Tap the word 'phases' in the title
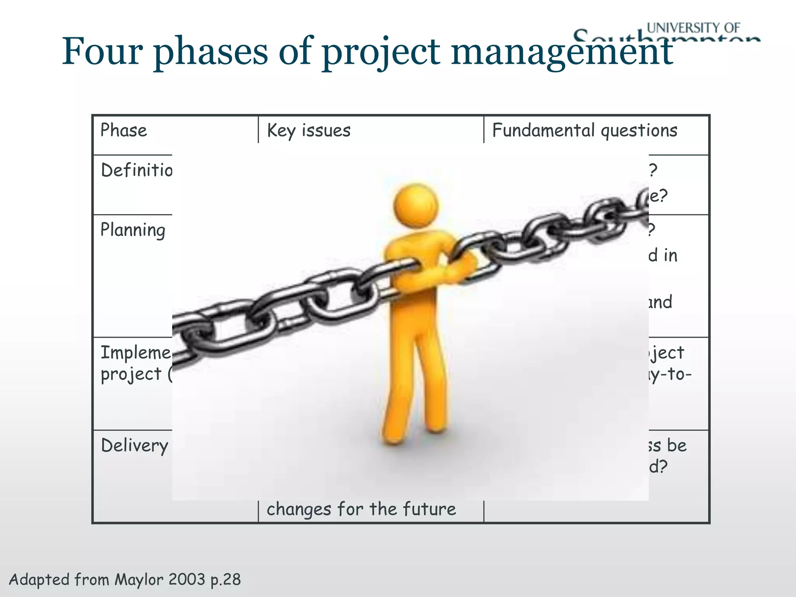click(210, 51)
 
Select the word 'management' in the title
click(562, 51)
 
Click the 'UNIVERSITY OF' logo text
click(693, 28)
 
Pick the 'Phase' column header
click(124, 130)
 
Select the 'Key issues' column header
click(309, 130)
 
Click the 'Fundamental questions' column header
click(585, 130)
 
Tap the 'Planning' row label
click(133, 230)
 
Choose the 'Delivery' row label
click(134, 445)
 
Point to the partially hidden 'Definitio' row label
click(136, 170)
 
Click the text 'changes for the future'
click(361, 509)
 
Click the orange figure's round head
click(415, 204)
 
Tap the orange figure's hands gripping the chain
click(459, 268)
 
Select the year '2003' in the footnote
click(187, 579)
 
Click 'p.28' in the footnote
click(225, 580)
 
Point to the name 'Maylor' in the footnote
click(139, 580)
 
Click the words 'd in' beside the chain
click(663, 256)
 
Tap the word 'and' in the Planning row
click(661, 302)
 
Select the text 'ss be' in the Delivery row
click(667, 445)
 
